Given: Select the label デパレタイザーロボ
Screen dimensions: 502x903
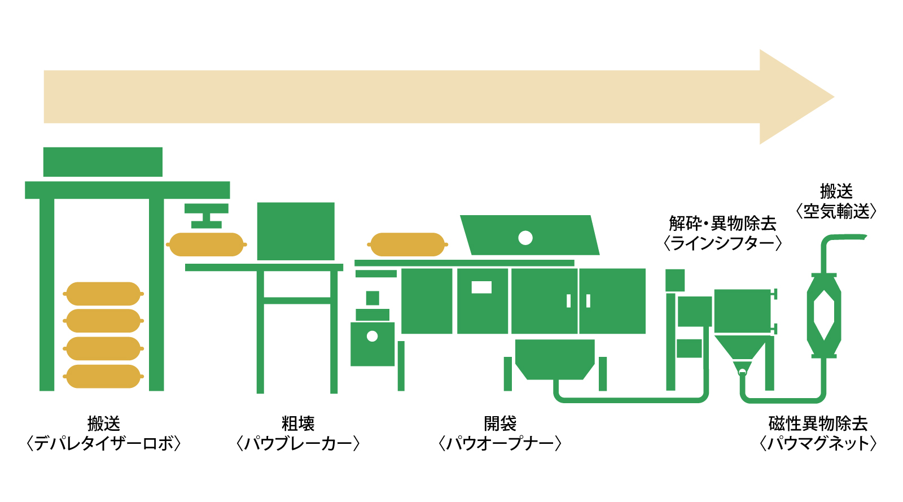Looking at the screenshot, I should pyautogui.click(x=104, y=444).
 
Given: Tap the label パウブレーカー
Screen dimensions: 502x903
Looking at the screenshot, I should pyautogui.click(x=298, y=444).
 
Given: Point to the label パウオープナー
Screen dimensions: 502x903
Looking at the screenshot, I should pyautogui.click(x=500, y=444).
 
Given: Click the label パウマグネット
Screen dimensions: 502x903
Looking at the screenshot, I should pyautogui.click(x=818, y=444).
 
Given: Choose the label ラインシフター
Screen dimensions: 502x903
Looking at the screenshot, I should pyautogui.click(x=722, y=243).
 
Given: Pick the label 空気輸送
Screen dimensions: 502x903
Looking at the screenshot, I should pyautogui.click(x=836, y=212).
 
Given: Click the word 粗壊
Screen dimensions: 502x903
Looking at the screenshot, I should pyautogui.click(x=298, y=424).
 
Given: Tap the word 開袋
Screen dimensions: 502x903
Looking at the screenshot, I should pyautogui.click(x=500, y=424).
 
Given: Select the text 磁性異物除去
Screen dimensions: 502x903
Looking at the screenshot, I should pyautogui.click(x=818, y=424).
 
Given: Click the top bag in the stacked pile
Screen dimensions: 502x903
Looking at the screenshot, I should pyautogui.click(x=103, y=294).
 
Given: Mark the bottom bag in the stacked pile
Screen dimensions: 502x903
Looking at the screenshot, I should pyautogui.click(x=103, y=377).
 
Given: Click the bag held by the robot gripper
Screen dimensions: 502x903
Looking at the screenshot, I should pyautogui.click(x=207, y=245).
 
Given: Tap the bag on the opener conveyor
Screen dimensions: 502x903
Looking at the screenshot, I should pyautogui.click(x=407, y=245).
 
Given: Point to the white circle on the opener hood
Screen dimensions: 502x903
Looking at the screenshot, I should pyautogui.click(x=525, y=238).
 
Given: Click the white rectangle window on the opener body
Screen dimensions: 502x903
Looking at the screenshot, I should pyautogui.click(x=481, y=287).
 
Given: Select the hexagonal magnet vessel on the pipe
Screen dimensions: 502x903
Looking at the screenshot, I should pyautogui.click(x=824, y=315).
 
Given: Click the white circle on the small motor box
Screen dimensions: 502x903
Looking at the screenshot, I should pyautogui.click(x=372, y=337).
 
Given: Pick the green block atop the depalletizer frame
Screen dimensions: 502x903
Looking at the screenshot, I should pyautogui.click(x=103, y=162).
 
